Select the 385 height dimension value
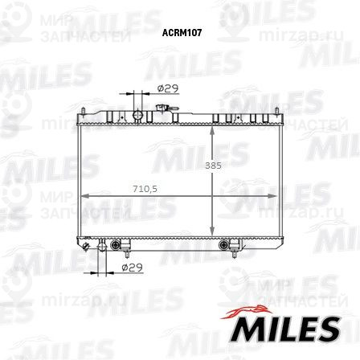[211, 165]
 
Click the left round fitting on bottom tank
[117, 243]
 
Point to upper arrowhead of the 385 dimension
[211, 130]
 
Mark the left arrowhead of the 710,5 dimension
[83, 194]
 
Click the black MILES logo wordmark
[285, 328]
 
